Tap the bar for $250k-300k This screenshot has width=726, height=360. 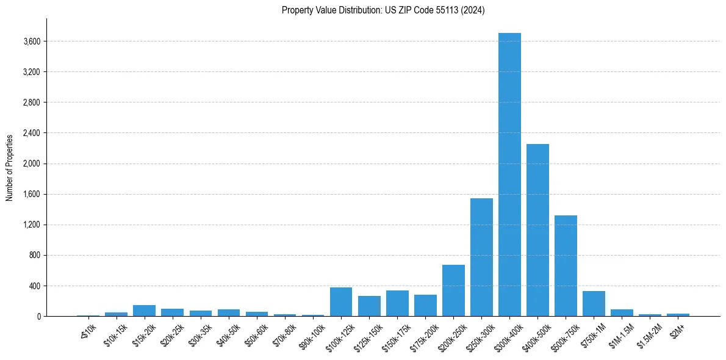[481, 257]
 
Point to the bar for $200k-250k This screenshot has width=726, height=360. [453, 290]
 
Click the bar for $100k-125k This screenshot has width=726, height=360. [341, 302]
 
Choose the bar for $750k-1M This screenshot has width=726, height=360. [594, 304]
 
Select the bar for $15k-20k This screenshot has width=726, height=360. [144, 311]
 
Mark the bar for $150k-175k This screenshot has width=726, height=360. [397, 303]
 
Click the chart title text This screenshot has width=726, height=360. [383, 10]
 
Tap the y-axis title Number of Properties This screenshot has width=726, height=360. [10, 167]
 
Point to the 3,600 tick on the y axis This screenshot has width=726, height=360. [31, 41]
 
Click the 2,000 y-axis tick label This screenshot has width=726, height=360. [31, 164]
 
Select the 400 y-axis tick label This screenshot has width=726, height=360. [34, 286]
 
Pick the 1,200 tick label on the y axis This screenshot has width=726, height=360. [31, 225]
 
